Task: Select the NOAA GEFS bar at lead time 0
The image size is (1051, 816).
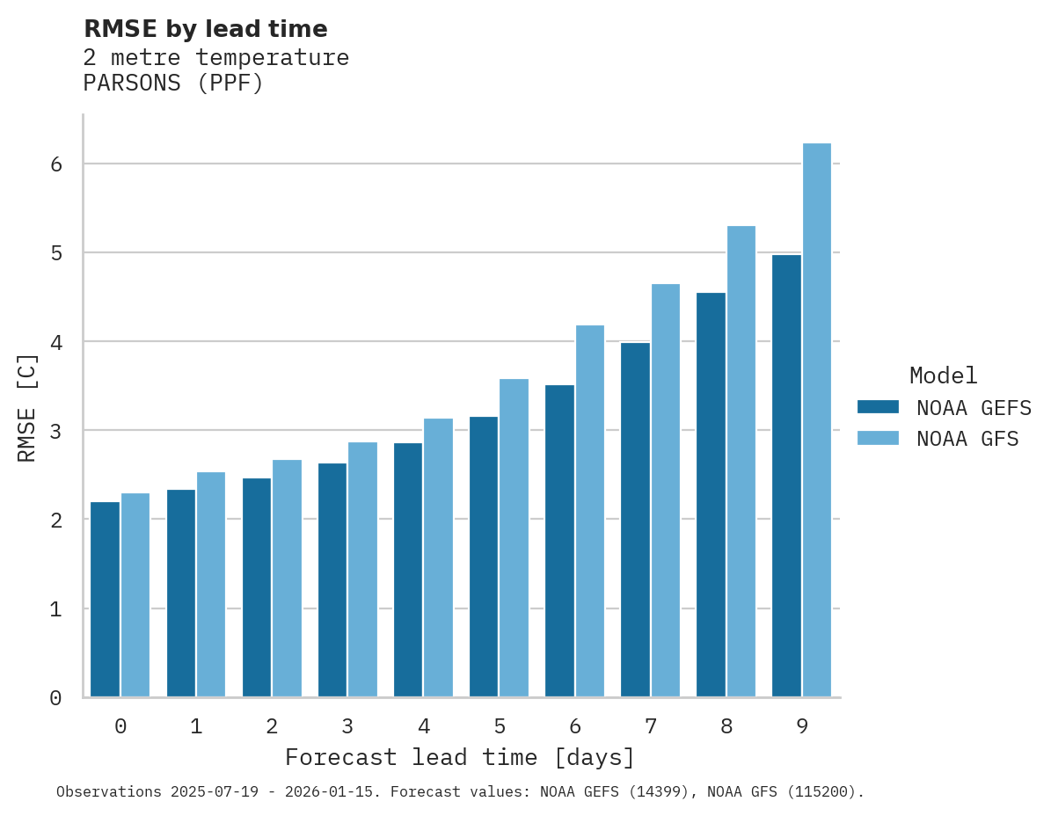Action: click(105, 600)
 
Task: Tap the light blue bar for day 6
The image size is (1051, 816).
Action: click(590, 511)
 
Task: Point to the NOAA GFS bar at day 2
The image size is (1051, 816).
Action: click(287, 579)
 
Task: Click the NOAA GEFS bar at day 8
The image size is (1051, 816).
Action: click(711, 495)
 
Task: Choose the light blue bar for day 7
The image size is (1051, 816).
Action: click(666, 491)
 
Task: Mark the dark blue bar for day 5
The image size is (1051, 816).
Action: click(483, 557)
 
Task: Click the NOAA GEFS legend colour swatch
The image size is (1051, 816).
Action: click(878, 407)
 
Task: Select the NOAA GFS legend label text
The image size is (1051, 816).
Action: click(967, 439)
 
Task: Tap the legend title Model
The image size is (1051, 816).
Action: click(943, 376)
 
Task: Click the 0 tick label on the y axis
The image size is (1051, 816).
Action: click(55, 698)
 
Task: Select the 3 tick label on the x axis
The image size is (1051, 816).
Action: click(347, 727)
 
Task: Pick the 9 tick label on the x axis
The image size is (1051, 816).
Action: click(802, 727)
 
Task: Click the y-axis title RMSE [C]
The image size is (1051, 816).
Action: click(27, 407)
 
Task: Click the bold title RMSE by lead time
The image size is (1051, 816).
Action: click(205, 29)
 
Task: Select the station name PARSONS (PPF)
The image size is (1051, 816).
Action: click(173, 84)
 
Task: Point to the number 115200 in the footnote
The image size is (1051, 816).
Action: click(824, 792)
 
